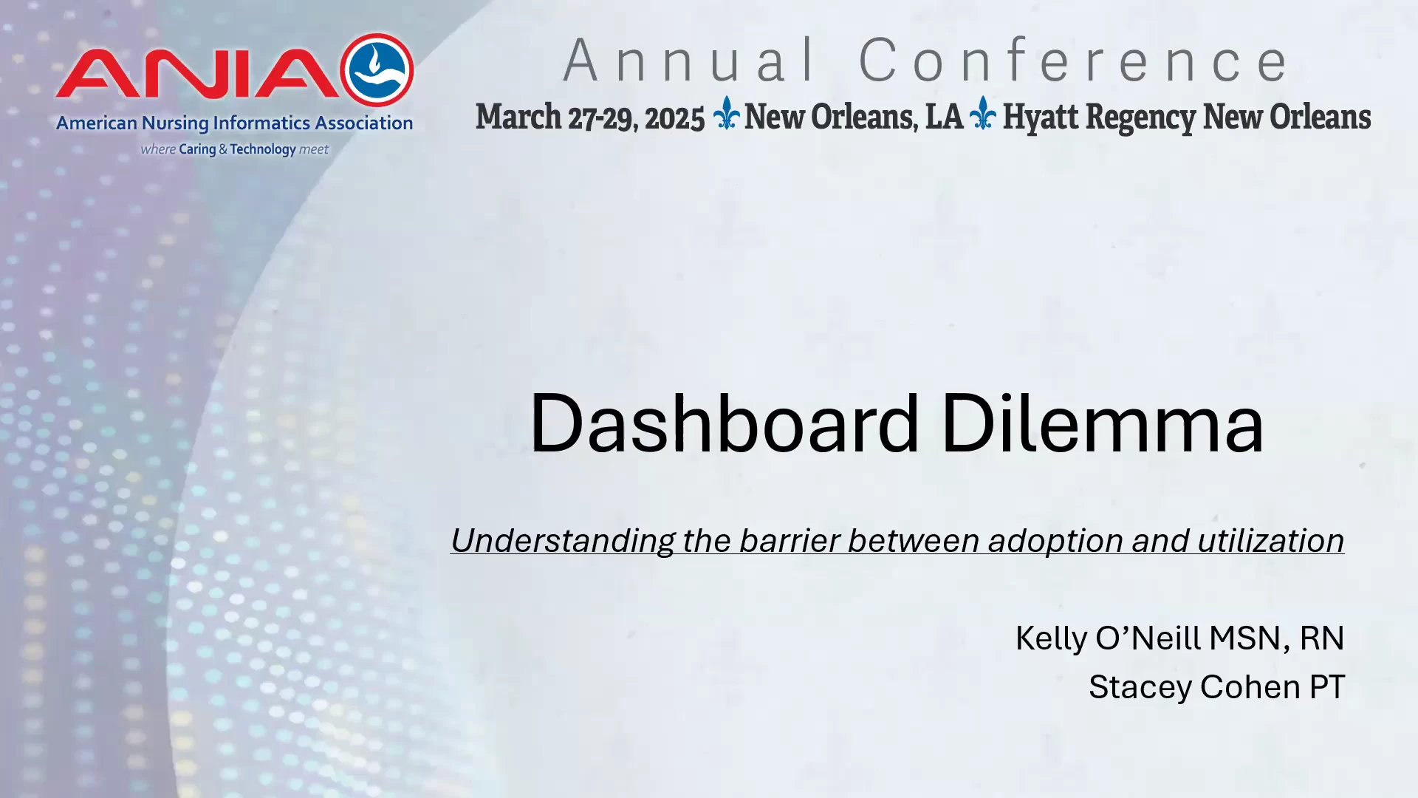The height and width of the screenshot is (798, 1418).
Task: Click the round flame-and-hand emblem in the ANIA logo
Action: tap(377, 70)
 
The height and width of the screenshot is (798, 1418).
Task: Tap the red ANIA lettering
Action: tap(197, 73)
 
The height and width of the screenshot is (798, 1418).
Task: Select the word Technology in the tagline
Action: tap(263, 149)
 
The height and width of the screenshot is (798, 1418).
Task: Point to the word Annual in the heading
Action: tap(690, 61)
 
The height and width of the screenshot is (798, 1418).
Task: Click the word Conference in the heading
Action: tap(1074, 61)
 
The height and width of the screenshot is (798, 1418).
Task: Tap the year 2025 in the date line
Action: tap(674, 118)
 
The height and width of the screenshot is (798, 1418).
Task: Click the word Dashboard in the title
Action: tap(725, 423)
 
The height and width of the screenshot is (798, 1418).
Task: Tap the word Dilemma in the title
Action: tap(1103, 423)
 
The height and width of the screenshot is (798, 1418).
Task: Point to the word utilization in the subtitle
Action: tap(1270, 540)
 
